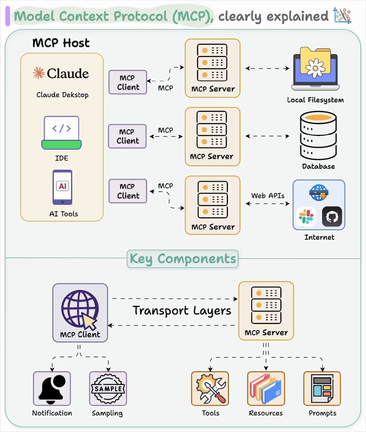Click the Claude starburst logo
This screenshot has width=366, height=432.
(39, 73)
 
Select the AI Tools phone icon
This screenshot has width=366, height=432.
(62, 187)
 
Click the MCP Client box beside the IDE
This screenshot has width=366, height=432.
(127, 136)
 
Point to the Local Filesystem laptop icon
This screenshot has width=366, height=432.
(315, 69)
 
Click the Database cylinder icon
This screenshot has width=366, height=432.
(318, 136)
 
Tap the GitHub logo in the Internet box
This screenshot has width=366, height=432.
(332, 216)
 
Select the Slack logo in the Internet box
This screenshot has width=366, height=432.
(306, 216)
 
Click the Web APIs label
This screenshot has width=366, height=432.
(268, 196)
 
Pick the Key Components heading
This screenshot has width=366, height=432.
(182, 259)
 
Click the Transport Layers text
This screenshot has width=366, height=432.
(182, 310)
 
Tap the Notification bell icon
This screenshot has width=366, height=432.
(52, 389)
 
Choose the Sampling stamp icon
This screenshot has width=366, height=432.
(108, 389)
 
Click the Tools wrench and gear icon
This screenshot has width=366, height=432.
(210, 389)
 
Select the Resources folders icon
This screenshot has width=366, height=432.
(266, 389)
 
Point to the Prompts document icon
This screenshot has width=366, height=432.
(322, 389)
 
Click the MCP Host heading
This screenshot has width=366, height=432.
(61, 43)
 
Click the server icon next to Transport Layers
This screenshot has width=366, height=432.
(266, 305)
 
